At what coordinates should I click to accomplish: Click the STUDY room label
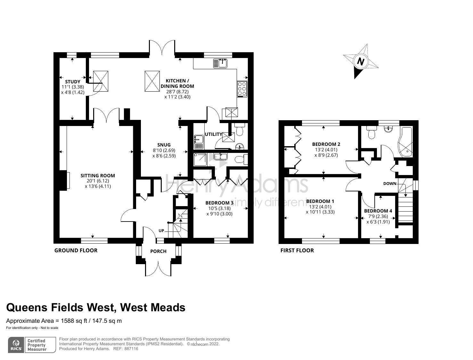[73, 82]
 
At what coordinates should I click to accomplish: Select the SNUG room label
[164, 145]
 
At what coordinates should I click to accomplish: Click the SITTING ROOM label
[98, 175]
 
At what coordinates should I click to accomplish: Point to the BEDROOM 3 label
[219, 203]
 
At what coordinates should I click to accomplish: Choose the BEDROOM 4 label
[378, 211]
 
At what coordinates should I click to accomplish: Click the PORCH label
[158, 251]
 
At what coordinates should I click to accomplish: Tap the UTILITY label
[213, 134]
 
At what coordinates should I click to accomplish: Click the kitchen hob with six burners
[242, 89]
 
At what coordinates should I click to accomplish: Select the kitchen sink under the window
[220, 63]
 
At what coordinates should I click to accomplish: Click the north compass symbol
[361, 62]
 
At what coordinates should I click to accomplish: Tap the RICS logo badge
[16, 345]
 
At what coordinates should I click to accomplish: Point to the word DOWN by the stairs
[390, 184]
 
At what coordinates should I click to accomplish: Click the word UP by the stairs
[161, 231]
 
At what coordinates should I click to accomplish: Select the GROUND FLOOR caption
[76, 250]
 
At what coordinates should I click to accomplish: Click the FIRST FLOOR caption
[297, 250]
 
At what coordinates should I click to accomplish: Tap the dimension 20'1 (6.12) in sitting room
[98, 181]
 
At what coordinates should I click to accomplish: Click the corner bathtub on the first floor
[405, 142]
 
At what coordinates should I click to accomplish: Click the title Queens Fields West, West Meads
[96, 307]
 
